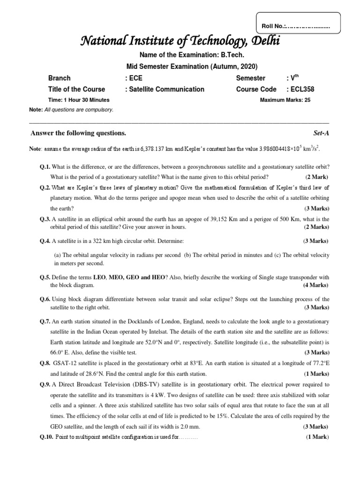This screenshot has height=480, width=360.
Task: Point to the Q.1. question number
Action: (45, 167)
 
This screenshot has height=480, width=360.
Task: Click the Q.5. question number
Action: (45, 277)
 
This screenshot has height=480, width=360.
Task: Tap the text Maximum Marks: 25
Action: (285, 100)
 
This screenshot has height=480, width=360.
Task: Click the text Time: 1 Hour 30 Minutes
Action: (79, 100)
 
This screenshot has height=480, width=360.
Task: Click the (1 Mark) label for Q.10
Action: (317, 437)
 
